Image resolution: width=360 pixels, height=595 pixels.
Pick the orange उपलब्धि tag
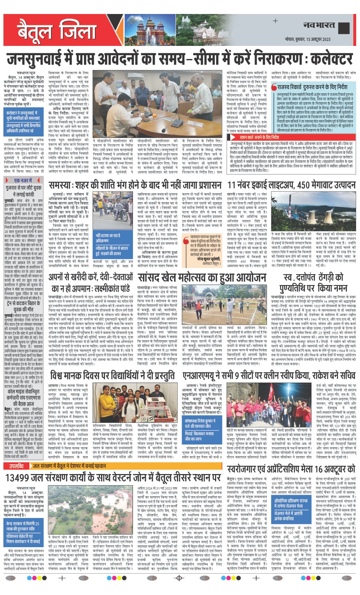pyautogui.click(x=17, y=466)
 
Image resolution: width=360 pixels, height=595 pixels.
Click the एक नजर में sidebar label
pyautogui.click(x=23, y=180)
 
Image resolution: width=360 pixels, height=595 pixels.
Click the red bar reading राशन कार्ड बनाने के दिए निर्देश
pyautogui.click(x=259, y=137)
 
